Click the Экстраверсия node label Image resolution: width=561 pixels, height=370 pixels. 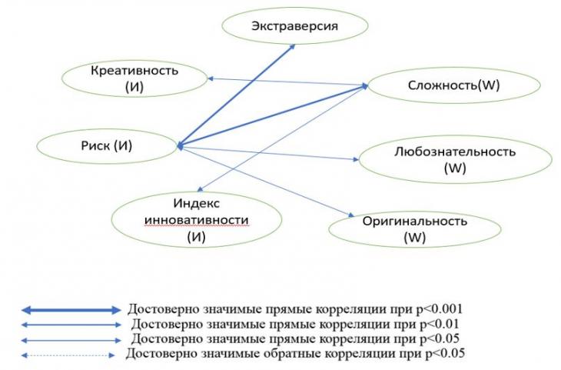[x=294, y=26]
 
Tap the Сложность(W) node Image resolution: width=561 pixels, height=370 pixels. [x=453, y=85]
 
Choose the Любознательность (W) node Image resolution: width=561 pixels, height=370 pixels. [x=455, y=159]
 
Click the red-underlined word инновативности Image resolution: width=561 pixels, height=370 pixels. [x=197, y=220]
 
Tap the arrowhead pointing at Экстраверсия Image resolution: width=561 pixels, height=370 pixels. [x=291, y=47]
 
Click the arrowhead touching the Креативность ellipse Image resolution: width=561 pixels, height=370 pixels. [x=211, y=78]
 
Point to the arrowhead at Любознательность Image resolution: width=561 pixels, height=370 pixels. [x=356, y=159]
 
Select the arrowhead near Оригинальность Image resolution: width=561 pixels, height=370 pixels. [x=351, y=215]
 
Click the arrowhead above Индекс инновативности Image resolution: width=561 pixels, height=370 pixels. [x=201, y=188]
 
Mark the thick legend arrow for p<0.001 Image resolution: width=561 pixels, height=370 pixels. [x=71, y=310]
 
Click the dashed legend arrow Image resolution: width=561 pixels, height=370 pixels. [x=68, y=355]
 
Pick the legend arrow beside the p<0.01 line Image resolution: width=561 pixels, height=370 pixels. [x=71, y=325]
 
